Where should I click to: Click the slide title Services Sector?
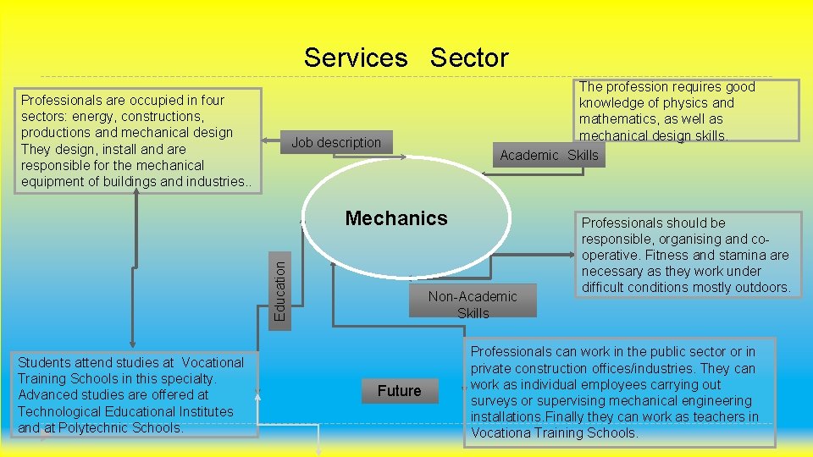406,58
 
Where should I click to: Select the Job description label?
336,142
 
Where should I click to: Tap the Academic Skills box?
549,155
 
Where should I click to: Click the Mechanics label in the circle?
396,218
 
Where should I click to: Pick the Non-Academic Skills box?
473,304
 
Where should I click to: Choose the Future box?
399,390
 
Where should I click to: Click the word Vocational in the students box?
212,362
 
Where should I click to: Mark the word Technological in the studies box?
57,411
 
